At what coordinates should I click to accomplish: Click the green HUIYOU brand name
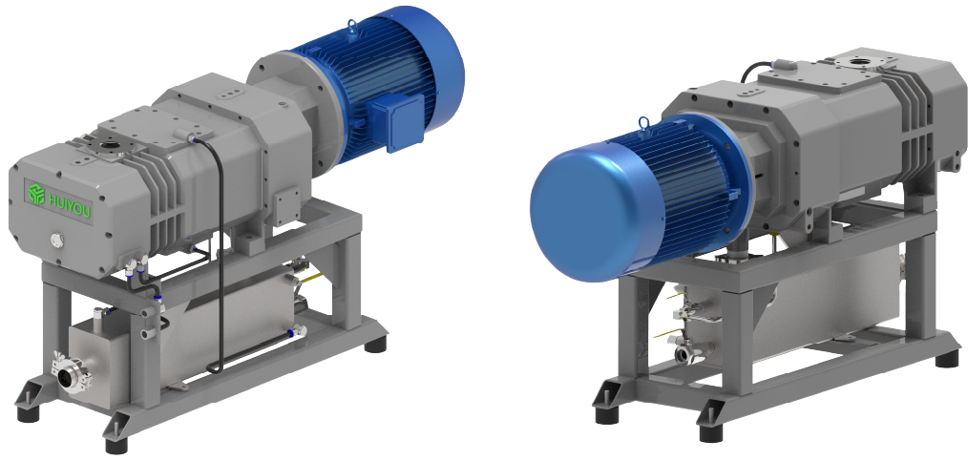pyautogui.click(x=69, y=204)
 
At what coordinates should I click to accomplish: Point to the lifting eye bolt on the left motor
pyautogui.click(x=353, y=27)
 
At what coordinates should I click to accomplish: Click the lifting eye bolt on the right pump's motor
pyautogui.click(x=643, y=124)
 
